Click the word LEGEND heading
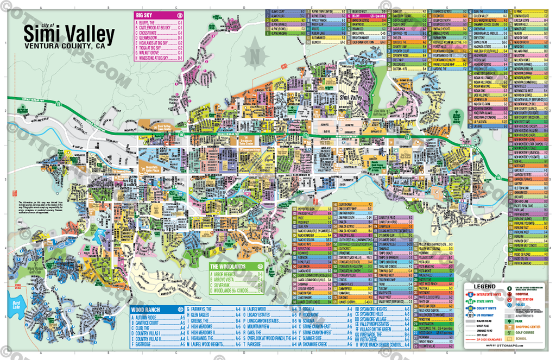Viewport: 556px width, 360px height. coord(483,286)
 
